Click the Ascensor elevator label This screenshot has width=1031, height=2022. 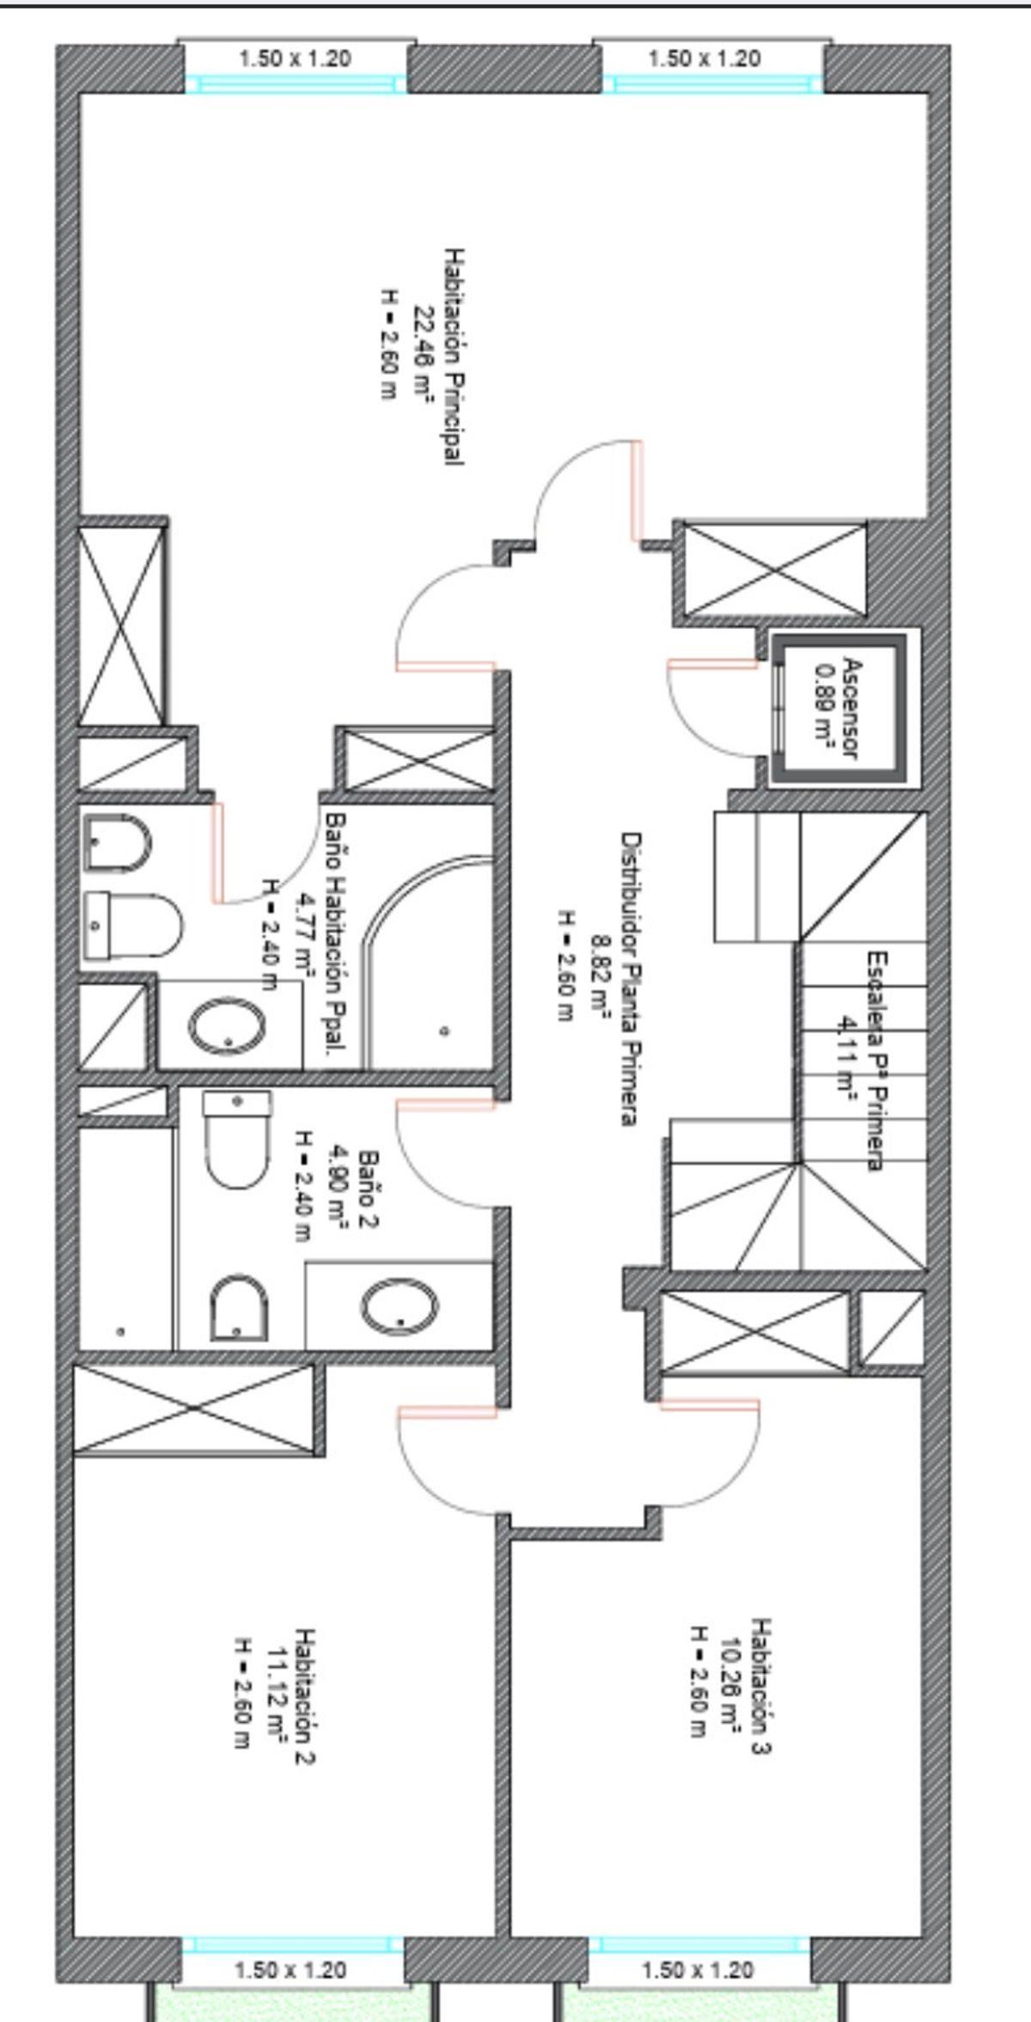click(x=851, y=709)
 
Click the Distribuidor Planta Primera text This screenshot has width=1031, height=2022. click(x=632, y=979)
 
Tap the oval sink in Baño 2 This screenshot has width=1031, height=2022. click(x=400, y=1310)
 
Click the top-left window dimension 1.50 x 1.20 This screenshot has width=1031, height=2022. click(x=295, y=59)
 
